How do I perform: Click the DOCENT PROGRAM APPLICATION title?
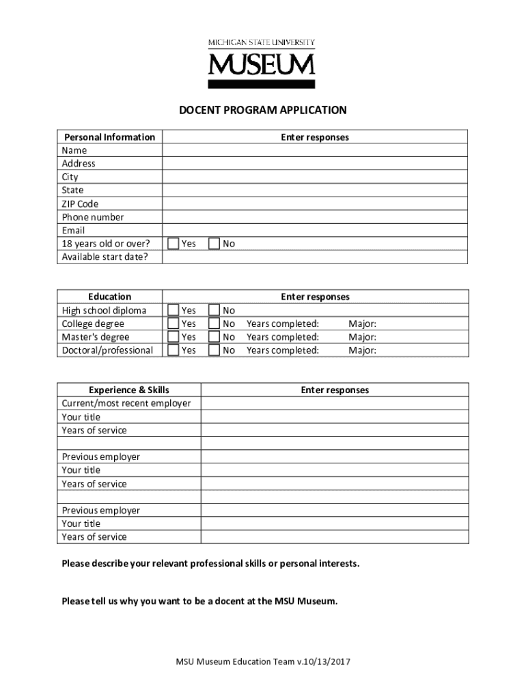(x=263, y=110)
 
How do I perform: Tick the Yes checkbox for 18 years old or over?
(x=174, y=244)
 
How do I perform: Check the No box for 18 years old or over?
(x=214, y=244)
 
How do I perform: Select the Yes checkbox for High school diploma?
(x=174, y=311)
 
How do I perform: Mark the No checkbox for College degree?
(x=214, y=324)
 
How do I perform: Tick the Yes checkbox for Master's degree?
(x=174, y=337)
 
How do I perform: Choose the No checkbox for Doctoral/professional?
(x=214, y=350)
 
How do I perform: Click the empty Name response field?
(x=315, y=150)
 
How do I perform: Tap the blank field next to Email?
(x=315, y=231)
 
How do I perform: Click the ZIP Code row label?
(x=80, y=204)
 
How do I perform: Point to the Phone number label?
(x=93, y=217)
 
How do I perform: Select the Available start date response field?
(x=315, y=257)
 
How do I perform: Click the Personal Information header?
(x=109, y=137)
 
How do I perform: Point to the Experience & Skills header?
(x=129, y=390)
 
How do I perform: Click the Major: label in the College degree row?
(x=362, y=324)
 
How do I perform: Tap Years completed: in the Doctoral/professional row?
(x=283, y=350)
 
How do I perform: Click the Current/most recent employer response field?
(x=335, y=403)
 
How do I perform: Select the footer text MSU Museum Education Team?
(x=263, y=662)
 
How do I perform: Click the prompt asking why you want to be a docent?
(x=199, y=601)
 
